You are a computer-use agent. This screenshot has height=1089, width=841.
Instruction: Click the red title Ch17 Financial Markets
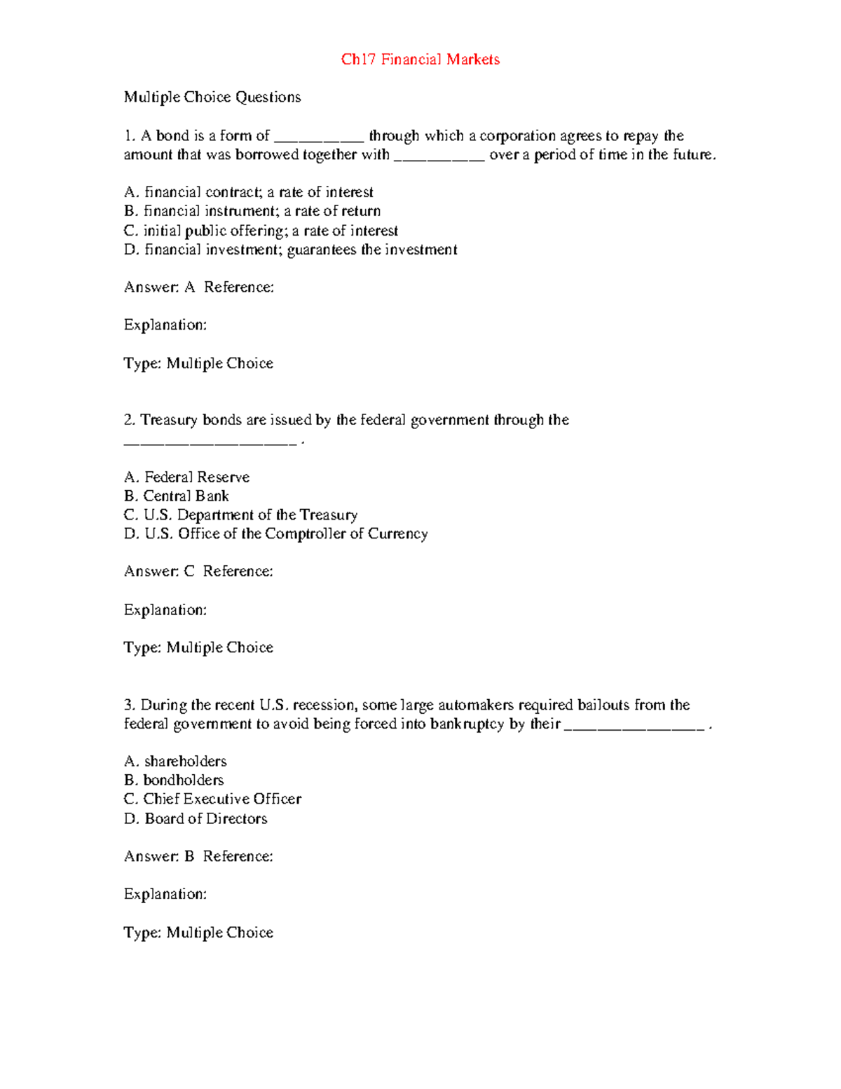pyautogui.click(x=420, y=60)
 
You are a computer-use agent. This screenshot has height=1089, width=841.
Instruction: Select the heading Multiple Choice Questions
pyautogui.click(x=212, y=97)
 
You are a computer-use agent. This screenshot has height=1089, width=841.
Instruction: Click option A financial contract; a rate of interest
pyautogui.click(x=248, y=192)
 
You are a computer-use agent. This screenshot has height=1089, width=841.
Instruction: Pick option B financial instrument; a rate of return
pyautogui.click(x=252, y=211)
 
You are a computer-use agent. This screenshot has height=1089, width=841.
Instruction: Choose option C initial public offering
pyautogui.click(x=260, y=231)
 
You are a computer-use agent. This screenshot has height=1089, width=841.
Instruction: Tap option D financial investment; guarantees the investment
pyautogui.click(x=290, y=250)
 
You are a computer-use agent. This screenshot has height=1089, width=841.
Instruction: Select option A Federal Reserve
pyautogui.click(x=186, y=478)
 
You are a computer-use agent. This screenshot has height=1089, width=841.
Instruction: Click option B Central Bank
pyautogui.click(x=176, y=496)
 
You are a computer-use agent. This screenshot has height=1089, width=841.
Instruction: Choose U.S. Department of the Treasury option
pyautogui.click(x=240, y=515)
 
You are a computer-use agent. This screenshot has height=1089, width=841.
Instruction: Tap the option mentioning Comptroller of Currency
pyautogui.click(x=275, y=534)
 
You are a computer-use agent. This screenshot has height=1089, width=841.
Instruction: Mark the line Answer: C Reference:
pyautogui.click(x=198, y=571)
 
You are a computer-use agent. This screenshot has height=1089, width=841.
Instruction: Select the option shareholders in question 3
pyautogui.click(x=175, y=762)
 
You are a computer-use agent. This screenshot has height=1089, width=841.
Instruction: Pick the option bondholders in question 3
pyautogui.click(x=174, y=780)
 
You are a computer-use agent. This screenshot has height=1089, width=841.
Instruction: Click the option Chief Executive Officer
pyautogui.click(x=212, y=799)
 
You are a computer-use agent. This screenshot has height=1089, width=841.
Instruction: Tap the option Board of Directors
pyautogui.click(x=196, y=819)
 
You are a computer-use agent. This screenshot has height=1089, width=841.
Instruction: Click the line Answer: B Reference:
pyautogui.click(x=198, y=856)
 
